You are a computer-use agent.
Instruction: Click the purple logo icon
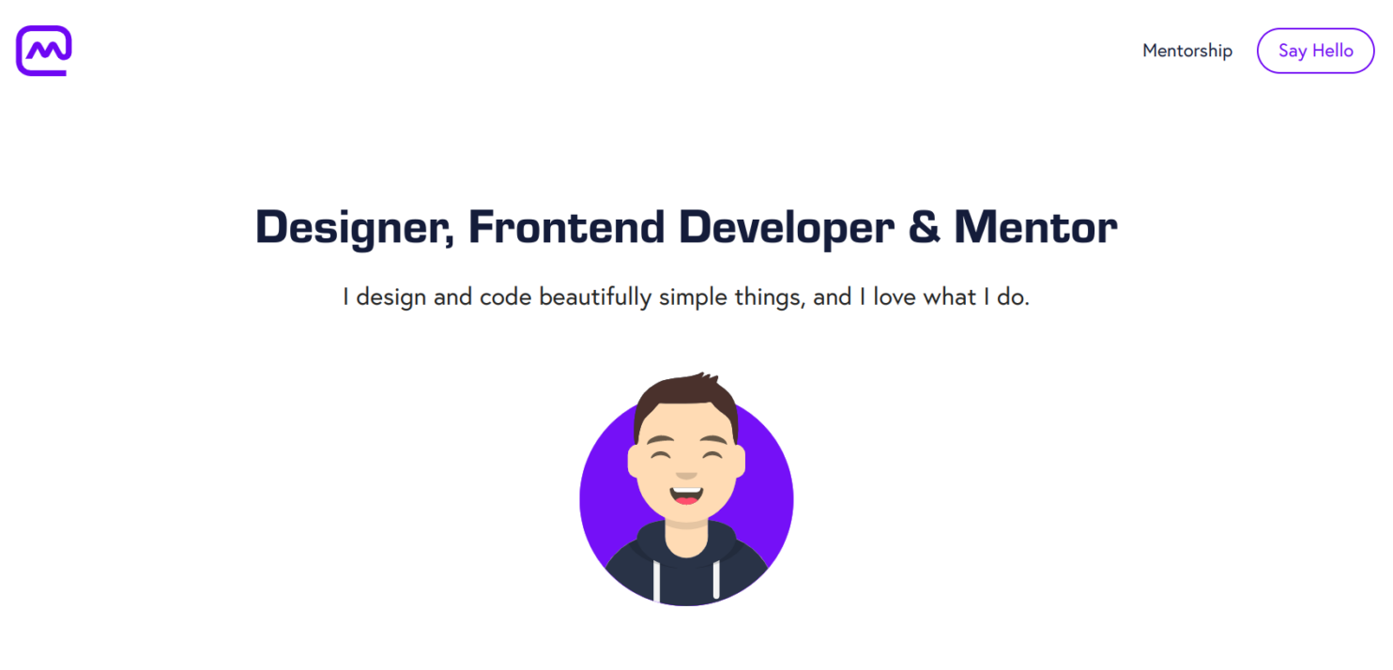coord(44,51)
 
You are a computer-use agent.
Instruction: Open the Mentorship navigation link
coord(1186,51)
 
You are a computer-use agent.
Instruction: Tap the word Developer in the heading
coord(786,228)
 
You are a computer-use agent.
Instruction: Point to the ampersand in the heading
coord(924,228)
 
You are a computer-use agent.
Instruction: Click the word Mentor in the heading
coord(1035,228)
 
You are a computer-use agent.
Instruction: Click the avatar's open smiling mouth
coord(686,494)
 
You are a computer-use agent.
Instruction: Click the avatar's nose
coord(686,473)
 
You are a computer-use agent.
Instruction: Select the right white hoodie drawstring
coord(716,580)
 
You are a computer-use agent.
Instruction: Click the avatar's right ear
coord(740,461)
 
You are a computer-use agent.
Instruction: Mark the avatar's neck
coord(686,529)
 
